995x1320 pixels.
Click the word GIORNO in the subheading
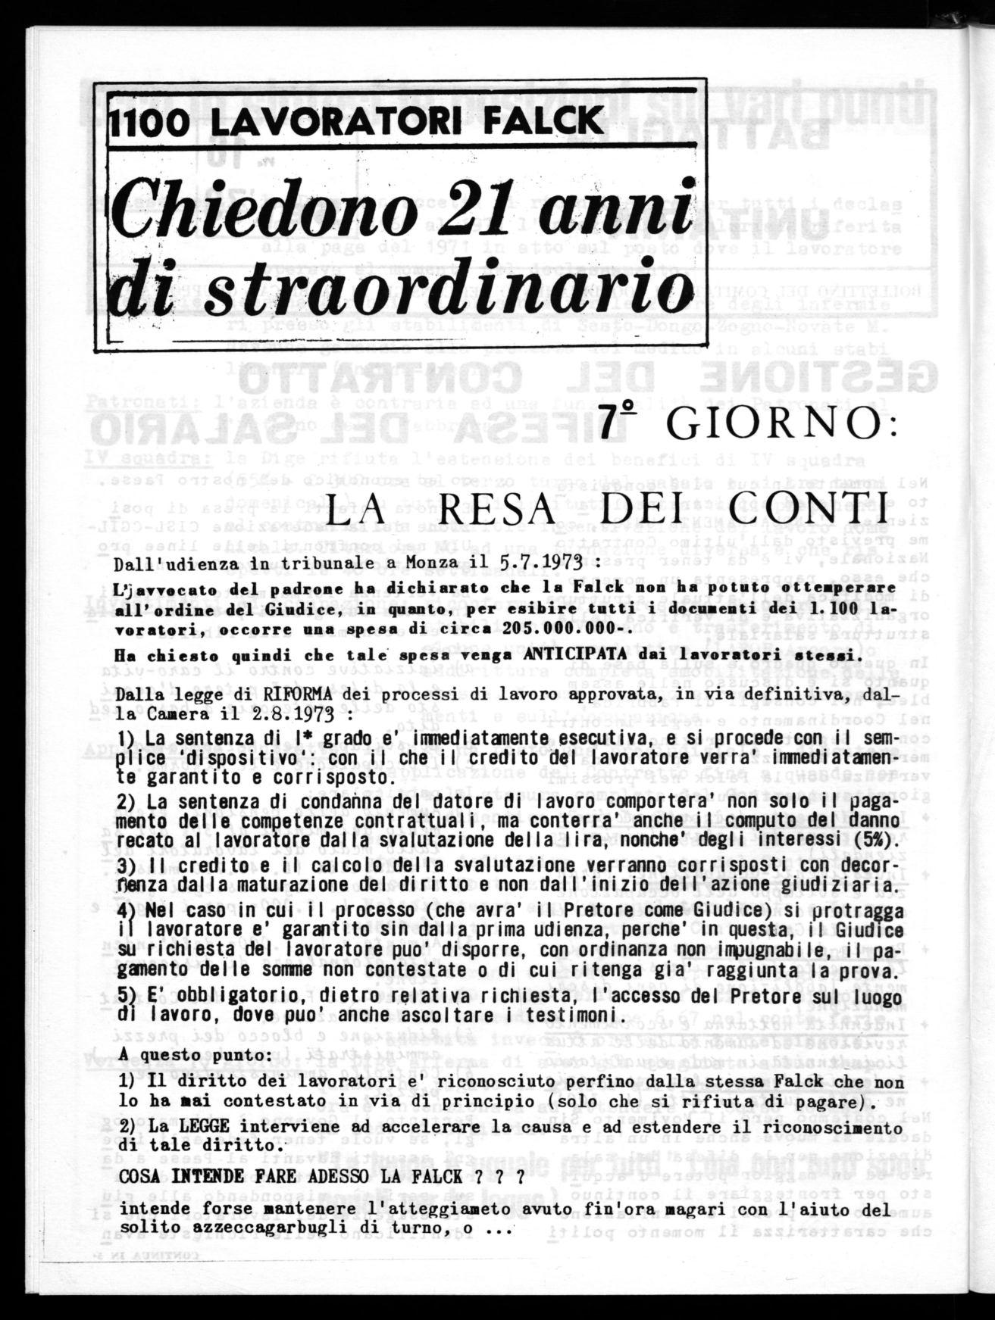(784, 426)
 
